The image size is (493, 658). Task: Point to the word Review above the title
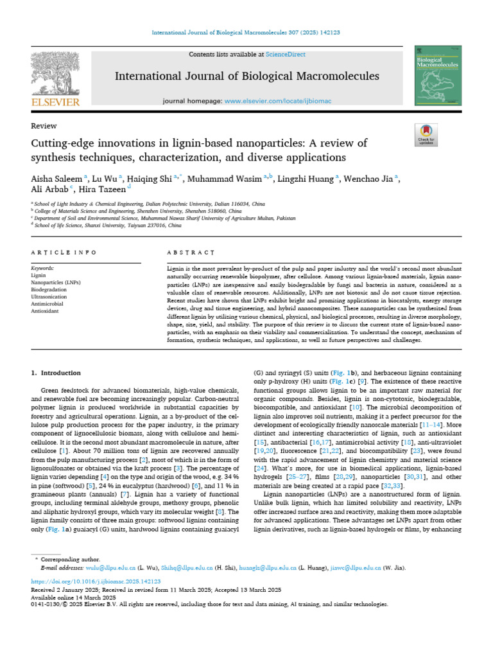click(x=44, y=126)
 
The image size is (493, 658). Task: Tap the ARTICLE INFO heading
click(x=64, y=253)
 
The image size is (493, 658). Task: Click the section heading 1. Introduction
click(x=56, y=373)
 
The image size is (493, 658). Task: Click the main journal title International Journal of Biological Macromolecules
click(x=246, y=77)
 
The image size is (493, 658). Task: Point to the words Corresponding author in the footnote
click(x=70, y=560)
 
